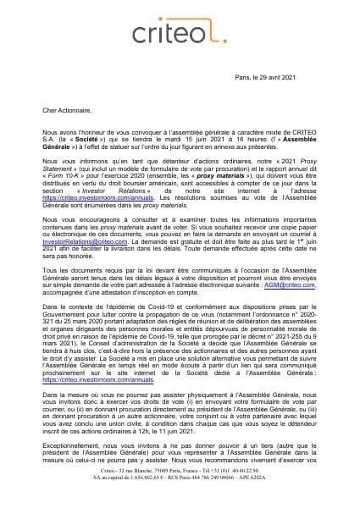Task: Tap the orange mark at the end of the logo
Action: point(224,36)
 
